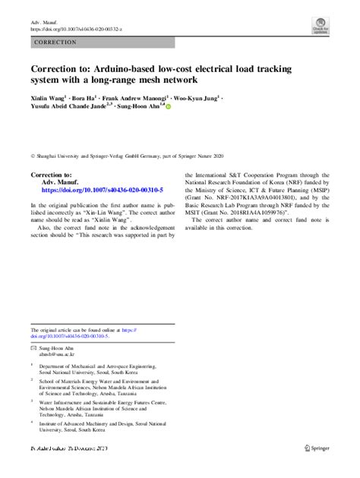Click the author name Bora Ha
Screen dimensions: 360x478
(x=86, y=98)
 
